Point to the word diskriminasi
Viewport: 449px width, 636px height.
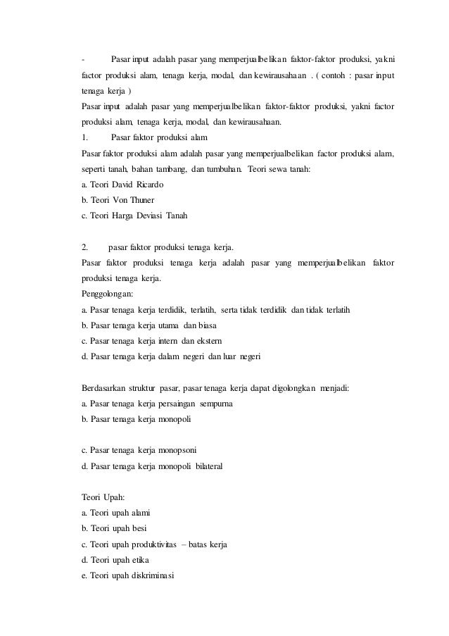pos(155,575)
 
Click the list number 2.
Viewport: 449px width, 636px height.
pos(85,247)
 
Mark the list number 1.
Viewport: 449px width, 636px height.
pos(85,137)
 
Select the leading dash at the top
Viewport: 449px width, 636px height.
pos(83,59)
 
